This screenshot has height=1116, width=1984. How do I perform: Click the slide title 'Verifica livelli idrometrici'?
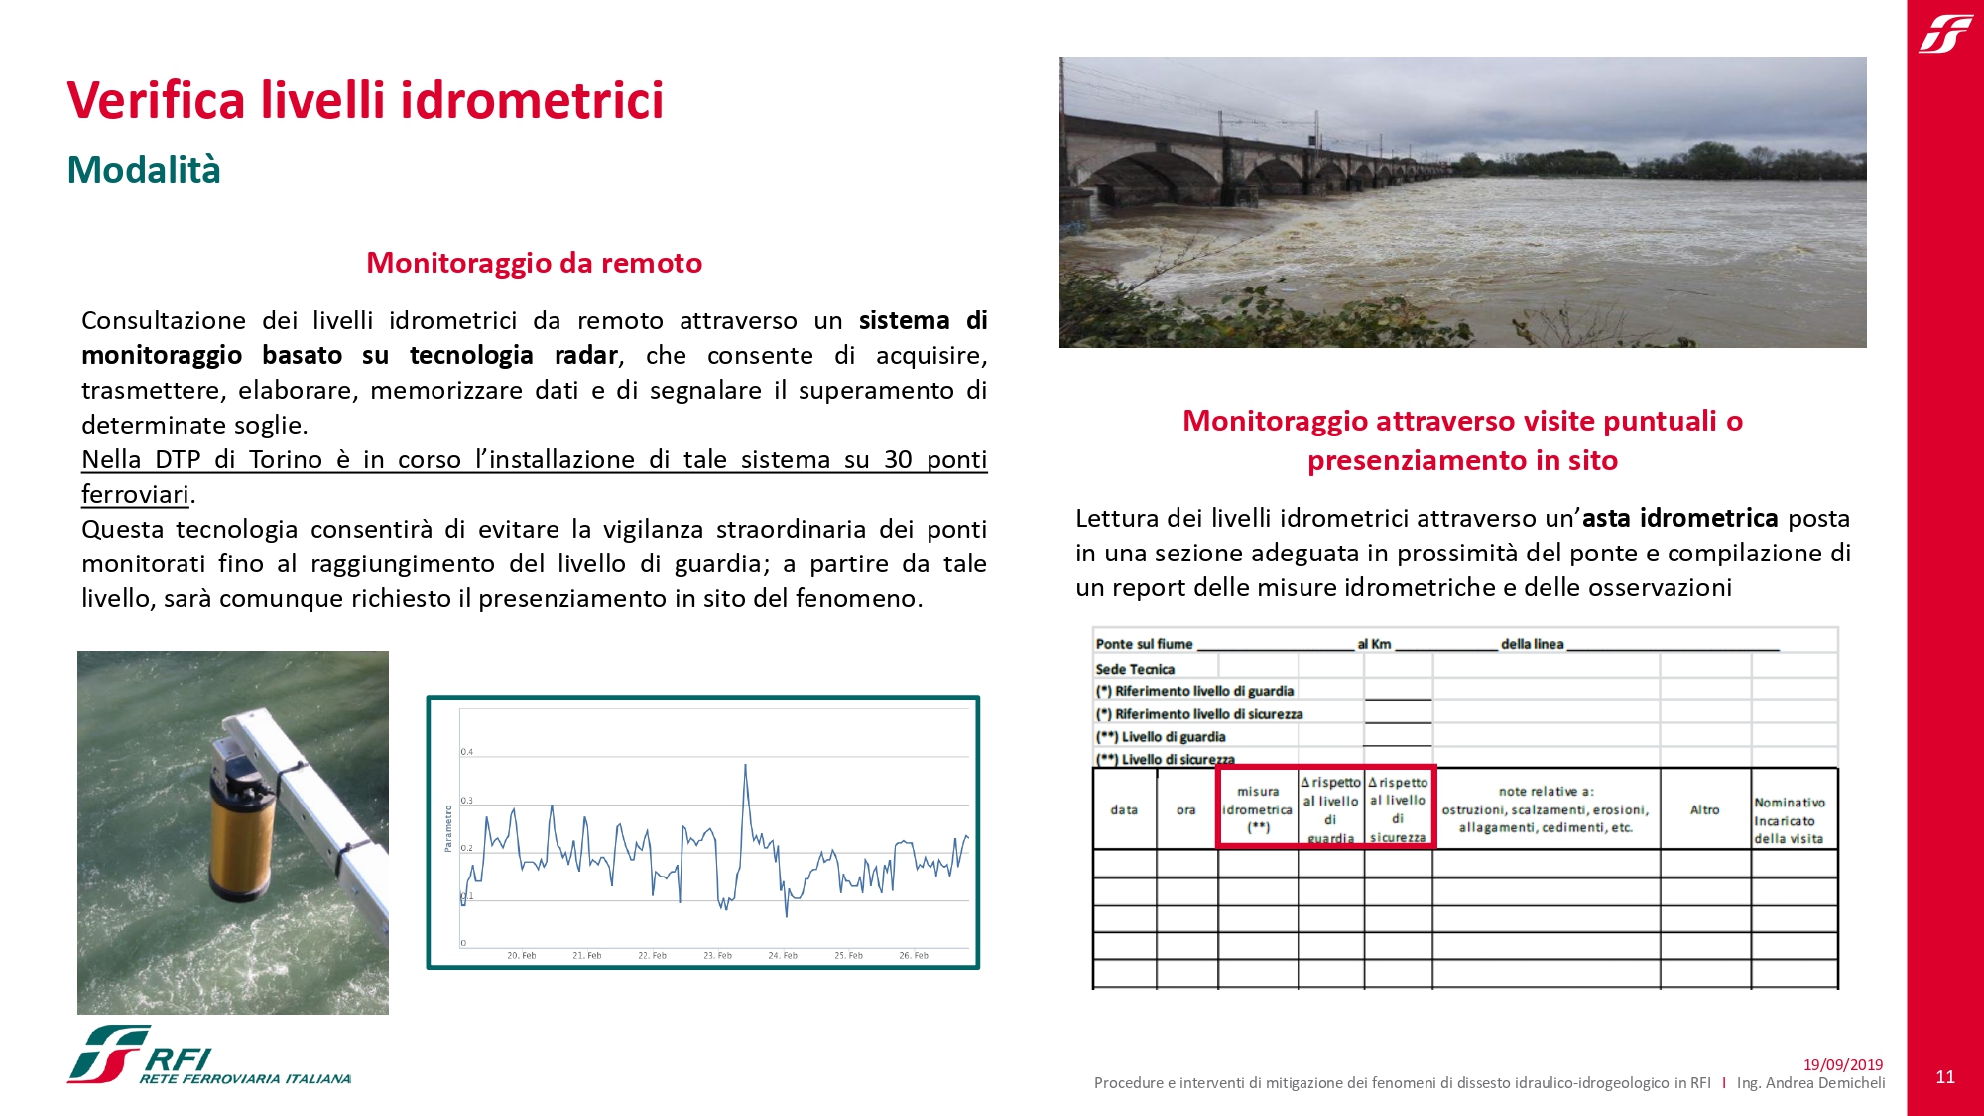click(x=365, y=101)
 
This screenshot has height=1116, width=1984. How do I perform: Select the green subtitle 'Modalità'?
click(x=144, y=170)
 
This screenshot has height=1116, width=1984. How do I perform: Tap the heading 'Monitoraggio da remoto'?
click(x=534, y=263)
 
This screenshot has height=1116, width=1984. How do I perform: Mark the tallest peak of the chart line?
click(x=745, y=765)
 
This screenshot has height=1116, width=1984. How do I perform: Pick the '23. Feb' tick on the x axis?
click(x=717, y=956)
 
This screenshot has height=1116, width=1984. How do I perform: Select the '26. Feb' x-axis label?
click(x=914, y=956)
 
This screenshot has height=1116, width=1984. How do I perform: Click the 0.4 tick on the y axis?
click(x=466, y=752)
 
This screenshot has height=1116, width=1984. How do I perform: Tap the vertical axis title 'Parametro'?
click(x=448, y=828)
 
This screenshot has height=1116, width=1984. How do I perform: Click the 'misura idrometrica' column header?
click(x=1257, y=808)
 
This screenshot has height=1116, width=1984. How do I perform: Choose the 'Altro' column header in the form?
click(x=1704, y=809)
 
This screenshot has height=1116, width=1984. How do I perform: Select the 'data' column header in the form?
click(x=1124, y=809)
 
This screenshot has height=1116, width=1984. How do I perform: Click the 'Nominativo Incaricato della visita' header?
click(x=1789, y=820)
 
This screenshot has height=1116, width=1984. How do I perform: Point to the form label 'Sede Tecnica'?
click(x=1135, y=669)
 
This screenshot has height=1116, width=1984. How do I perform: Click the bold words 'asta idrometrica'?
click(x=1679, y=518)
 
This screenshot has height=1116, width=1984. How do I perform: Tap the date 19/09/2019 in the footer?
click(x=1842, y=1064)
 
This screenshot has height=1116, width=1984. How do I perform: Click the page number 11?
click(x=1945, y=1076)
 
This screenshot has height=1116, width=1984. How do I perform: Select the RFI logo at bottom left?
click(x=208, y=1055)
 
